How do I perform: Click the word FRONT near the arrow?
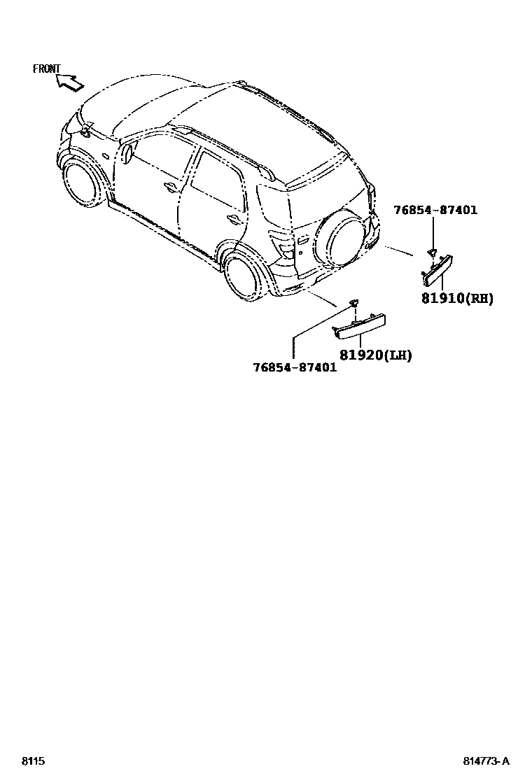pyautogui.click(x=47, y=69)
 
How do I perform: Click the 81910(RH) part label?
pyautogui.click(x=457, y=298)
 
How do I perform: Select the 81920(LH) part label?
pyautogui.click(x=375, y=355)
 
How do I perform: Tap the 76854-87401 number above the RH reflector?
pyautogui.click(x=435, y=209)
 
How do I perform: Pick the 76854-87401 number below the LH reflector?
pyautogui.click(x=295, y=367)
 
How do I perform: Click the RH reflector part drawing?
pyautogui.click(x=437, y=271)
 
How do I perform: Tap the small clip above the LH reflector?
pyautogui.click(x=354, y=302)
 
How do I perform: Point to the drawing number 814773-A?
pyautogui.click(x=485, y=761)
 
